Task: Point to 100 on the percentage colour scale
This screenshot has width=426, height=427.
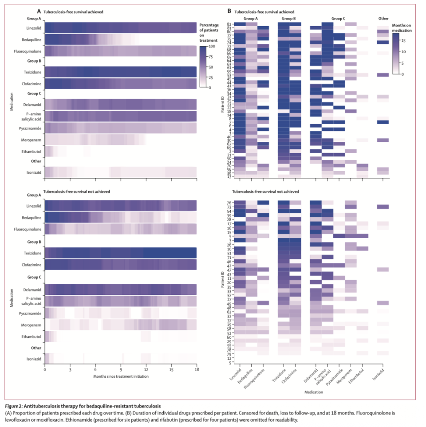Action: coord(212,47)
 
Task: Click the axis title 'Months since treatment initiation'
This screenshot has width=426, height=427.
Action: coord(121,376)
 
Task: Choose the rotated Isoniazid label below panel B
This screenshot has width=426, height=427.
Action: coord(378,377)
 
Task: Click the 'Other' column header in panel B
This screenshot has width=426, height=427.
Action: coord(383,19)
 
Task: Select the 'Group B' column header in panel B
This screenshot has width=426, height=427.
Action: coord(289,19)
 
